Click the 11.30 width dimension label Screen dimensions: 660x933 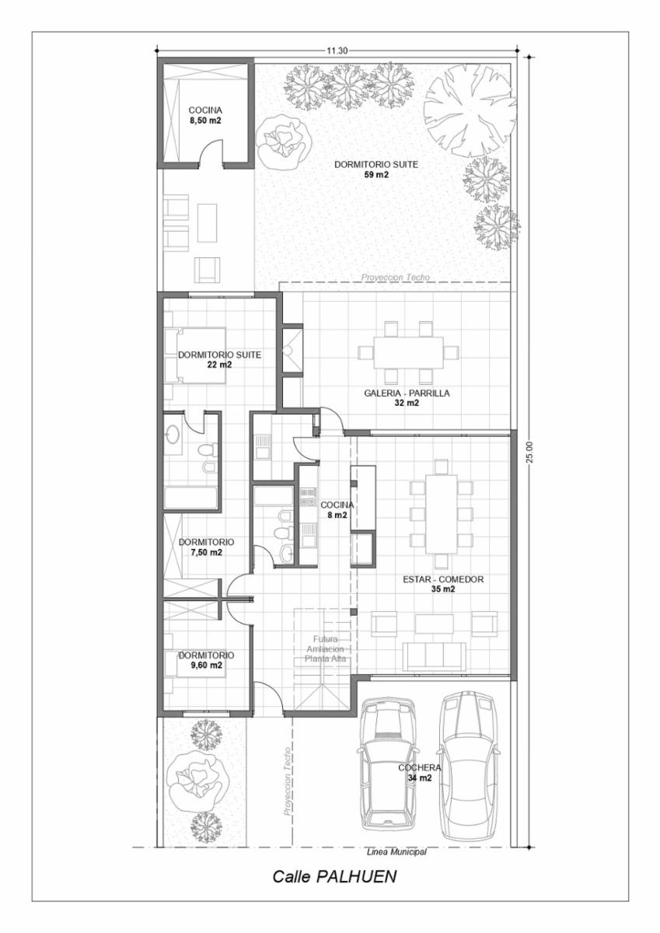point(337,51)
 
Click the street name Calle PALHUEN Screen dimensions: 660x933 point(334,876)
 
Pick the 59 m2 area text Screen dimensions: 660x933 point(376,174)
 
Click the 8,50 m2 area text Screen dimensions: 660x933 point(204,121)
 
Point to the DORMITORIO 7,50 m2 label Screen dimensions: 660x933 point(207,547)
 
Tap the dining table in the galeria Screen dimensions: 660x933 point(408,352)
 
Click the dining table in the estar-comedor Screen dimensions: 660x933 point(441,515)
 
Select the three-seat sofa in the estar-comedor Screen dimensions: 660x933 point(435,656)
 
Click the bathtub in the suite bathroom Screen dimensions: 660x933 point(190,498)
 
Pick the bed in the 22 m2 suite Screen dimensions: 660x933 point(195,355)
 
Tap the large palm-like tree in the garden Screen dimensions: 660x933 point(470,111)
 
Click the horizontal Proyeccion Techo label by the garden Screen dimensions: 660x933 point(395,278)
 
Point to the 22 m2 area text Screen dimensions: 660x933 point(219,365)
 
